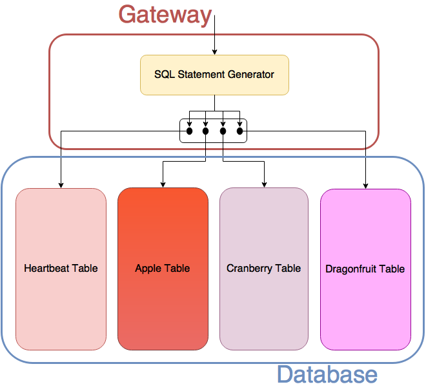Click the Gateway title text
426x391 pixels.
point(165,15)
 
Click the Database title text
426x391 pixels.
point(327,374)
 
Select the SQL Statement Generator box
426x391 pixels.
point(214,75)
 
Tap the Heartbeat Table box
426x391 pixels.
point(61,269)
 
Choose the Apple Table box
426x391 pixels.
point(163,269)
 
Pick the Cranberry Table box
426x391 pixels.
point(264,269)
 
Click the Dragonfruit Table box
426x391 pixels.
point(365,269)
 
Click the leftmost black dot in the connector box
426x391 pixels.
point(189,131)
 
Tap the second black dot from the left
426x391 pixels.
point(206,131)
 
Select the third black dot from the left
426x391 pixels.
point(223,131)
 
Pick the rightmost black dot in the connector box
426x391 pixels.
point(239,131)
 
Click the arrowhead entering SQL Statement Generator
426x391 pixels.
point(215,52)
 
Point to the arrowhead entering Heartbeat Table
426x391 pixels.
point(61,186)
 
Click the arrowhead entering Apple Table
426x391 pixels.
point(163,185)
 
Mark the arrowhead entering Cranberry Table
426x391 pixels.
point(264,185)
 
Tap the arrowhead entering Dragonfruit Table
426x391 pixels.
point(366,186)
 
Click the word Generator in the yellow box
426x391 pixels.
point(251,74)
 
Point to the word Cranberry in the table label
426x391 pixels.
point(249,269)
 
